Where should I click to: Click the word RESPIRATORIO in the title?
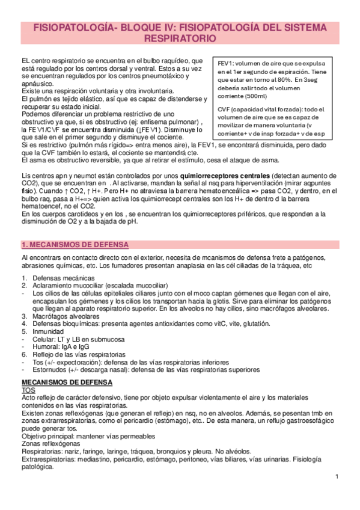point(180,38)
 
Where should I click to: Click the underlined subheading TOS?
point(28,390)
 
